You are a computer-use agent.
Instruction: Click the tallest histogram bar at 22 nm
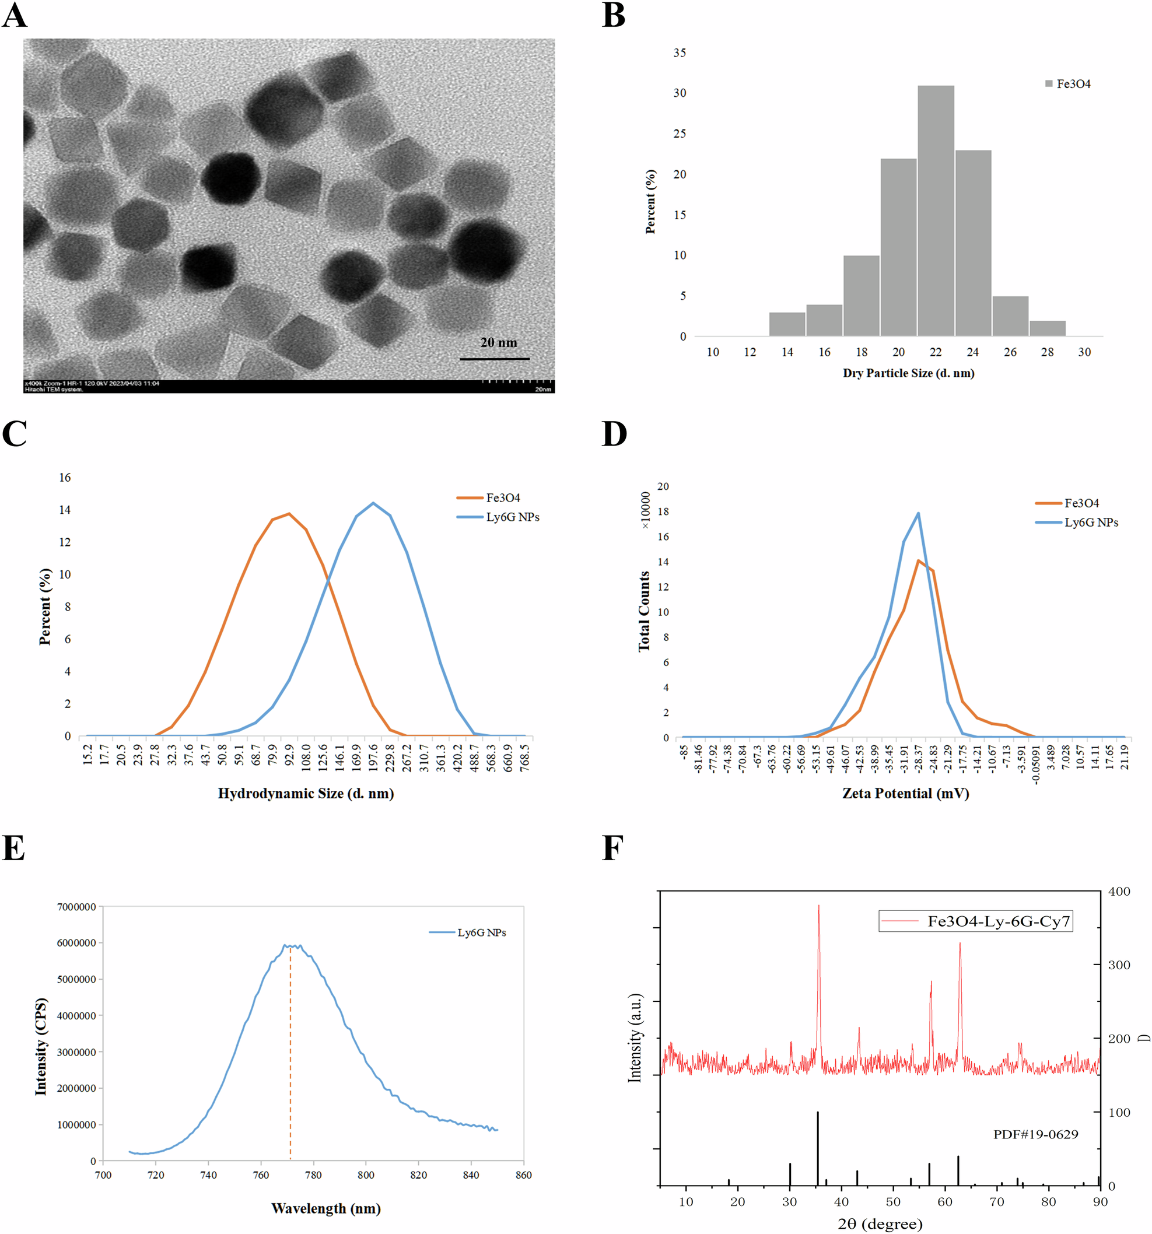(936, 211)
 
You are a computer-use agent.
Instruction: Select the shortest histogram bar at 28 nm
(1047, 328)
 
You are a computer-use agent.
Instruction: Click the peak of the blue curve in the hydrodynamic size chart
(373, 503)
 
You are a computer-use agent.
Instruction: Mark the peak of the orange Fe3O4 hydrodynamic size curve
(289, 514)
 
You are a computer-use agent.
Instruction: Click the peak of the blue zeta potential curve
(918, 513)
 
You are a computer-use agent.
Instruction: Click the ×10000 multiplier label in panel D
(646, 510)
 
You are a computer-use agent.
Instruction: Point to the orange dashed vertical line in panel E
(290, 1055)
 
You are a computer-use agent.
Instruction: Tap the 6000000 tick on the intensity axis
(76, 943)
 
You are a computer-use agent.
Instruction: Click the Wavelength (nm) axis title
(326, 1208)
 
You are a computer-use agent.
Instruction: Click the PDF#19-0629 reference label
(1035, 1135)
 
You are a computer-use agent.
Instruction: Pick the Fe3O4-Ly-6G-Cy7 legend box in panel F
(975, 921)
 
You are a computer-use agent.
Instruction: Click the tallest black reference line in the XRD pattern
(817, 1148)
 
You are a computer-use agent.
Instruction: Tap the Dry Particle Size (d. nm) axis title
(908, 373)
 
